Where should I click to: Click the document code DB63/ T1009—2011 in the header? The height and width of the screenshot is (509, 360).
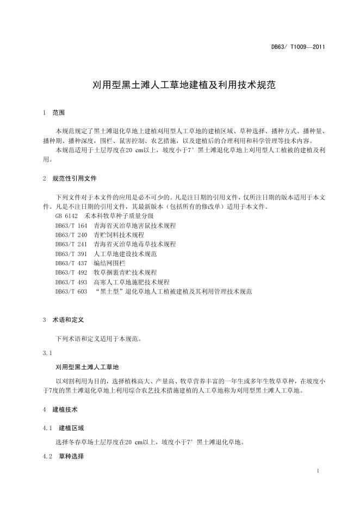pyautogui.click(x=298, y=47)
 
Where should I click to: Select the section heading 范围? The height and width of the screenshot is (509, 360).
pyautogui.click(x=59, y=113)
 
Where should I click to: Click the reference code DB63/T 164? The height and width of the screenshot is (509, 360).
pyautogui.click(x=71, y=225)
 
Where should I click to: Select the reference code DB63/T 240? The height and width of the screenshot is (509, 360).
pyautogui.click(x=71, y=235)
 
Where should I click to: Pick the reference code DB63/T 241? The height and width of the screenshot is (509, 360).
pyautogui.click(x=71, y=244)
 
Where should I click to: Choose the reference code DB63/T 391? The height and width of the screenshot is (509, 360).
pyautogui.click(x=71, y=254)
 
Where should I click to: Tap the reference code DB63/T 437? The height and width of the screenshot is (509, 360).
pyautogui.click(x=71, y=263)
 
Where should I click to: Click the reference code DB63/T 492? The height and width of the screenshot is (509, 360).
pyautogui.click(x=71, y=272)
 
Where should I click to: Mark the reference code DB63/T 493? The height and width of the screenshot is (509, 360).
pyautogui.click(x=71, y=282)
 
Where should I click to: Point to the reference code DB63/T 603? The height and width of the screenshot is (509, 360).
pyautogui.click(x=71, y=291)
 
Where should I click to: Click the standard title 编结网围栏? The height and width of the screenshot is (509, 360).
pyautogui.click(x=109, y=263)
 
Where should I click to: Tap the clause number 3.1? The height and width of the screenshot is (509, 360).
pyautogui.click(x=47, y=353)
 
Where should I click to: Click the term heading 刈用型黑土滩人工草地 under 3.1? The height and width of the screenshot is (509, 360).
pyautogui.click(x=91, y=367)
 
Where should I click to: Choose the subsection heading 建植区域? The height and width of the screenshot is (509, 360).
pyautogui.click(x=71, y=429)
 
